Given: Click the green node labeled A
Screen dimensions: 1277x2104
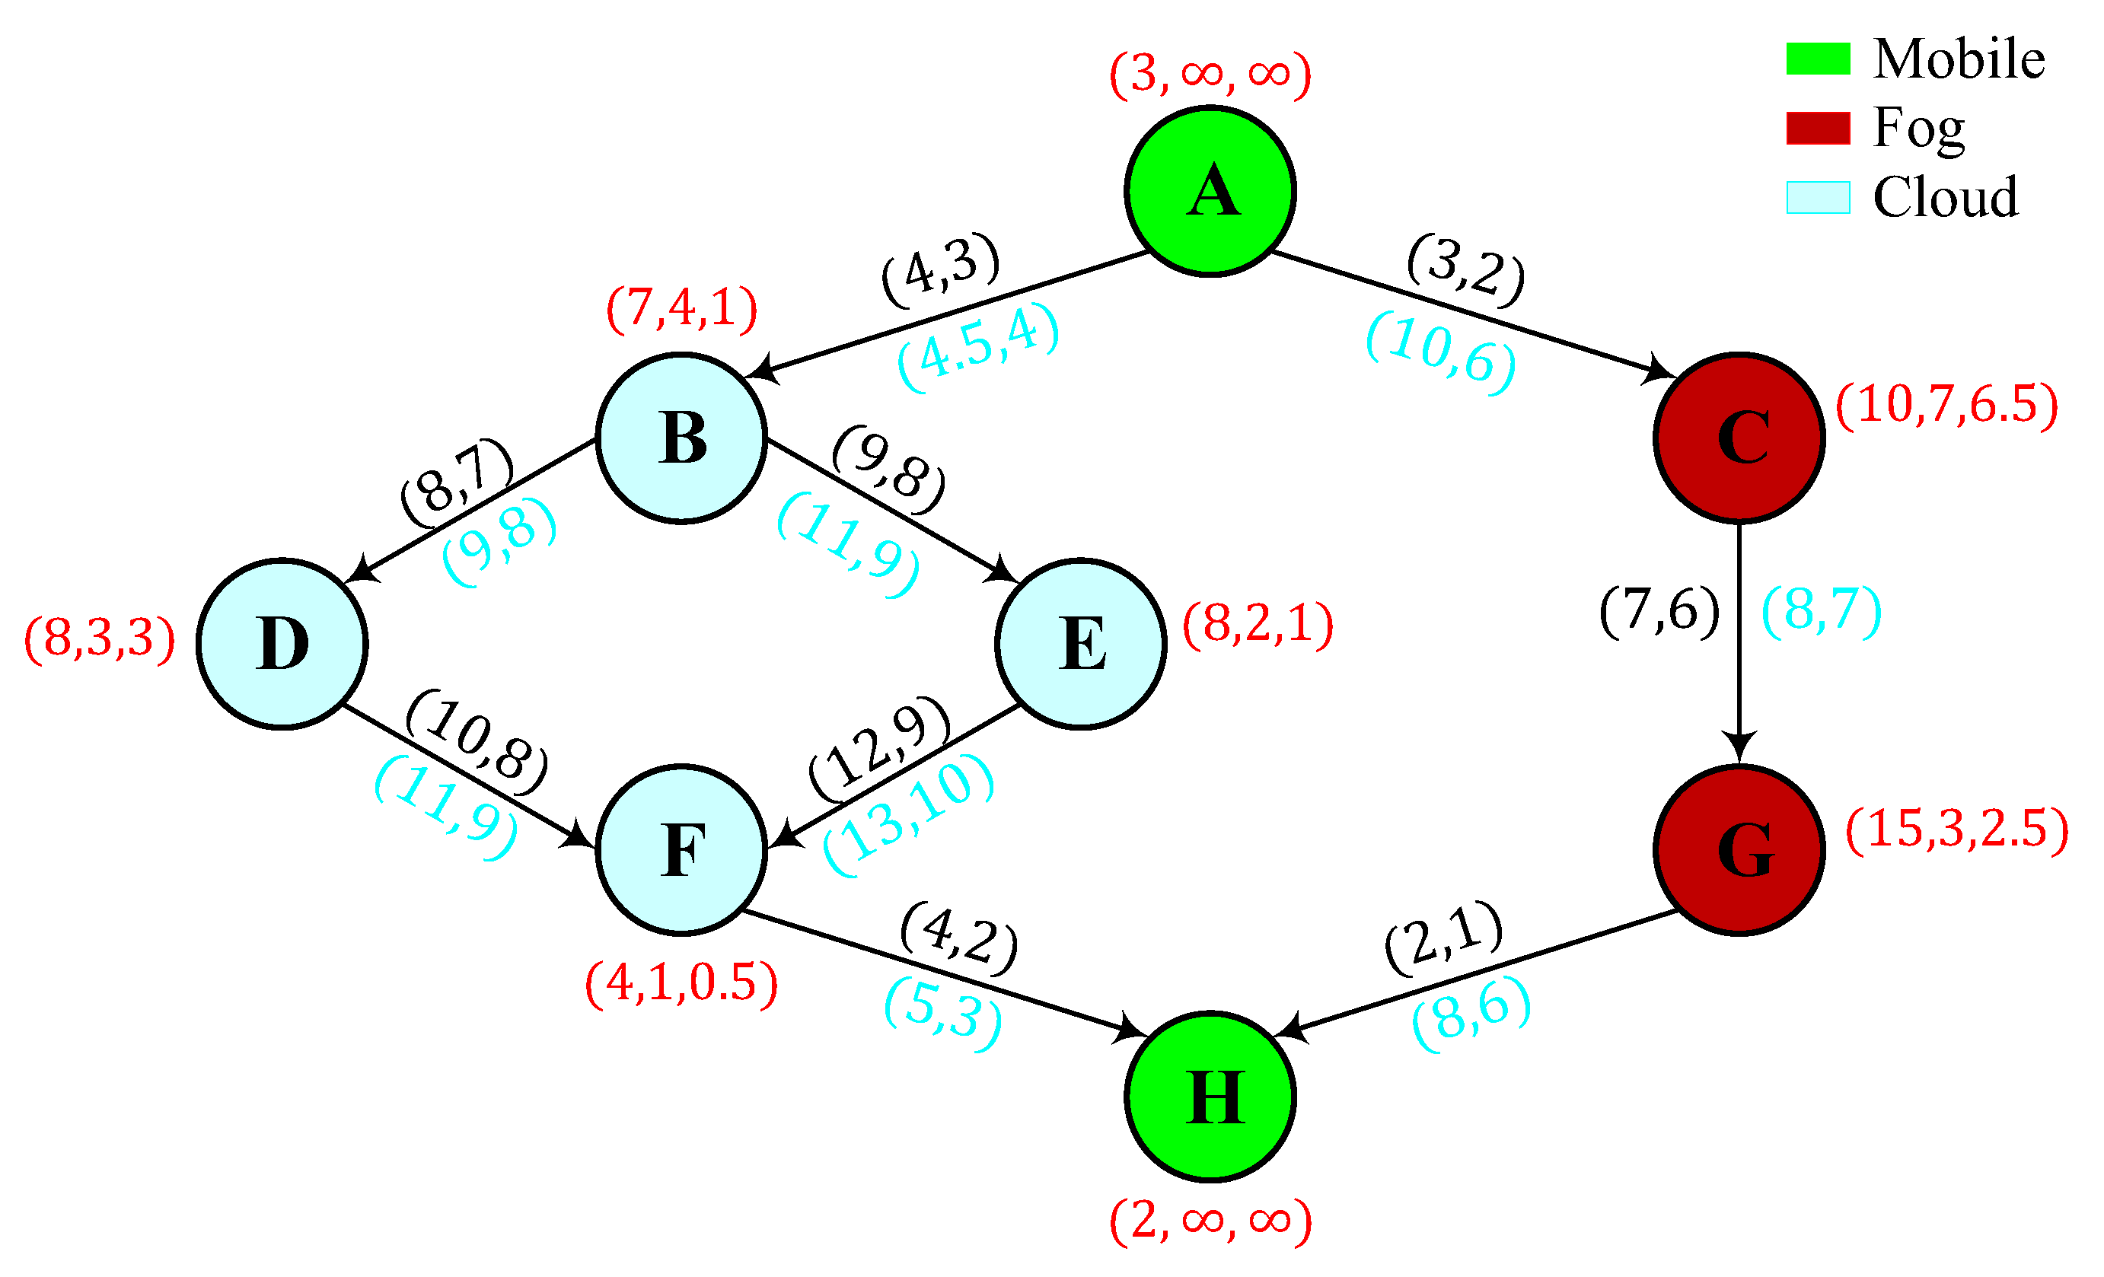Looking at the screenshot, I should [1210, 191].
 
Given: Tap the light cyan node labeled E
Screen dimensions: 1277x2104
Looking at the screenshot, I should [1080, 644].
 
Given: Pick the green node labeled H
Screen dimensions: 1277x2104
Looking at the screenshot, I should [1210, 1097].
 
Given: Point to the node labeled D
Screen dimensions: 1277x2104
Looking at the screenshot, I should [282, 644].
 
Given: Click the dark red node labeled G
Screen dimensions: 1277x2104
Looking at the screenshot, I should [1739, 850].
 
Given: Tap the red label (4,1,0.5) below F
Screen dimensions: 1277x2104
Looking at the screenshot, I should [681, 982].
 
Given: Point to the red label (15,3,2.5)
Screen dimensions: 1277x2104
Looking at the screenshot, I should [1956, 829].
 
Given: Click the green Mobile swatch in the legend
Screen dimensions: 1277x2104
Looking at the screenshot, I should [1818, 59].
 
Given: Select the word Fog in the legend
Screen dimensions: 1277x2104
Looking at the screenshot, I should [1918, 128].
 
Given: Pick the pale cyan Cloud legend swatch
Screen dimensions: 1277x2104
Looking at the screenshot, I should [1818, 197].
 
